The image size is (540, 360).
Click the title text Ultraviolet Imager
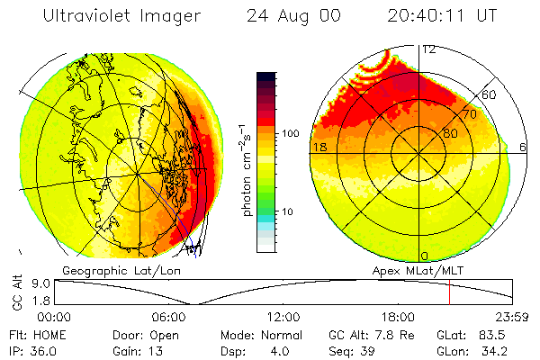[x=121, y=16]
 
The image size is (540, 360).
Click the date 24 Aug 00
[x=289, y=16]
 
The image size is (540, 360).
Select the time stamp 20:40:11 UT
[x=443, y=16]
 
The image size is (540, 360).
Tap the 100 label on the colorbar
[x=290, y=133]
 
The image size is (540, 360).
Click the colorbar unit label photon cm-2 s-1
[x=246, y=168]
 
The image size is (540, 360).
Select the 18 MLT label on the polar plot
[x=319, y=147]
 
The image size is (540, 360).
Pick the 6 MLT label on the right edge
[x=525, y=147]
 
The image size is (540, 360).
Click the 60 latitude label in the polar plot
[x=490, y=94]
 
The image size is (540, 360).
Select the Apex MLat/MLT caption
[x=417, y=270]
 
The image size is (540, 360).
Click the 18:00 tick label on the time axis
[x=399, y=317]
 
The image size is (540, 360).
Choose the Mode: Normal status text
[x=254, y=334]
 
